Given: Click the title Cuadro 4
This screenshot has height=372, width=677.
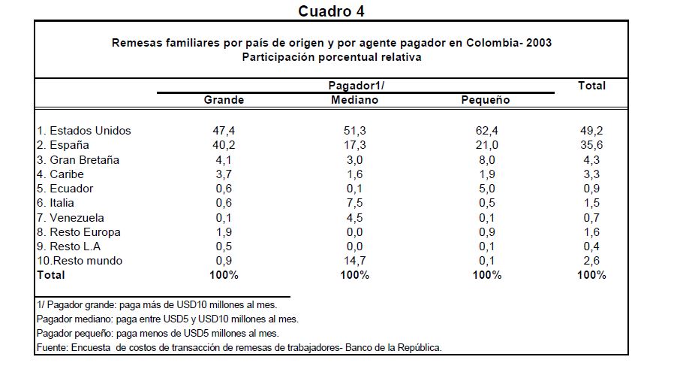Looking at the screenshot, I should [x=331, y=11].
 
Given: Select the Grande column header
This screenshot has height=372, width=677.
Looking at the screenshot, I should [x=224, y=100].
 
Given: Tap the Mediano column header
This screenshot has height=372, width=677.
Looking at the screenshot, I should [x=354, y=100].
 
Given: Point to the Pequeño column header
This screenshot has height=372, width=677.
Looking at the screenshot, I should [x=485, y=100].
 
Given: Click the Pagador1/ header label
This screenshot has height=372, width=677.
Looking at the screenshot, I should [x=356, y=86].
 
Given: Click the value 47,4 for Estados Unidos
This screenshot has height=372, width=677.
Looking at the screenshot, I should [x=224, y=131].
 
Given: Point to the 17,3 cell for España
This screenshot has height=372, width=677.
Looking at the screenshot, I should [x=354, y=145].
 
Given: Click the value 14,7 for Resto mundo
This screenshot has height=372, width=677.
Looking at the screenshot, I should [x=354, y=261].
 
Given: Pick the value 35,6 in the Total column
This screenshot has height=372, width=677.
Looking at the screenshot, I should [x=591, y=145].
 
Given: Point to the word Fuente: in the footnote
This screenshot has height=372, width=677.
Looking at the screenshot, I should [x=54, y=347].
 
